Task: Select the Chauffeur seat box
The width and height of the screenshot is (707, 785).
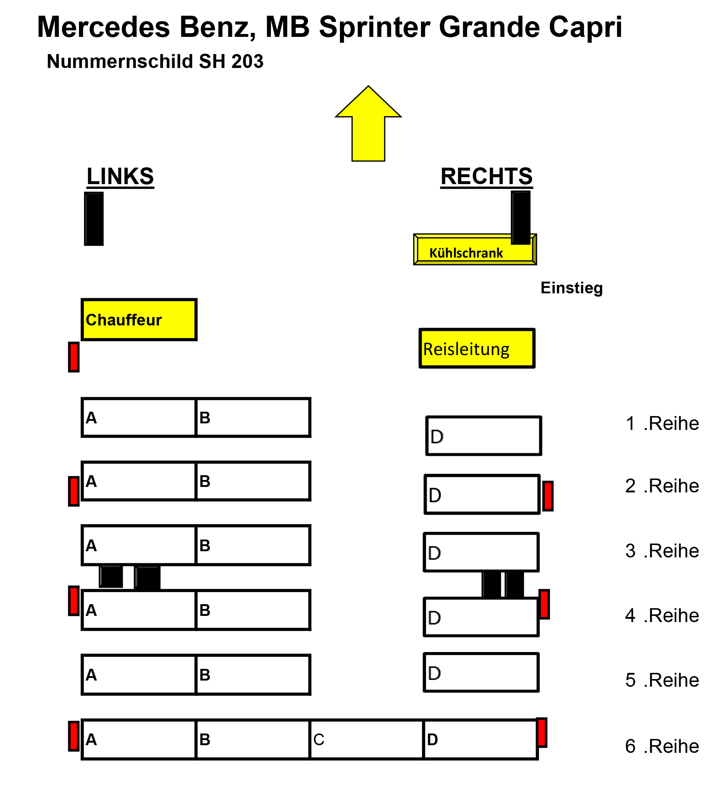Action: pyautogui.click(x=139, y=320)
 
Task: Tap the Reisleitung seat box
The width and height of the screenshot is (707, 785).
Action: pyautogui.click(x=477, y=348)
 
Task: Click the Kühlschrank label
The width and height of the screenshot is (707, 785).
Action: pyautogui.click(x=466, y=253)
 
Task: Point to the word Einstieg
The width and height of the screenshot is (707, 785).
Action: pyautogui.click(x=571, y=288)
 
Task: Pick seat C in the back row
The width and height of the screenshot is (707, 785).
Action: pyautogui.click(x=366, y=739)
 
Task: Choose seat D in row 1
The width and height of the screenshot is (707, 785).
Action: pyautogui.click(x=483, y=435)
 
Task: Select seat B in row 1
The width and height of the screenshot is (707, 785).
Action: pyautogui.click(x=253, y=418)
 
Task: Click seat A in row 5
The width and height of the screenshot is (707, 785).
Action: pyautogui.click(x=139, y=675)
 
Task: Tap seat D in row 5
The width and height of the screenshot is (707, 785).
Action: pyautogui.click(x=481, y=672)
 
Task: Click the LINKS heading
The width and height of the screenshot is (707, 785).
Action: pyautogui.click(x=120, y=176)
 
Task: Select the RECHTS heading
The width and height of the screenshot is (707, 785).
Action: pyautogui.click(x=486, y=176)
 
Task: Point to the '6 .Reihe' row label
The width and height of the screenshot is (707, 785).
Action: pyautogui.click(x=662, y=746)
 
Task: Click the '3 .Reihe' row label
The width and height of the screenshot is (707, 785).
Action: pyautogui.click(x=662, y=550)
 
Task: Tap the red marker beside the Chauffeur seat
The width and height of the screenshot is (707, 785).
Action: pyautogui.click(x=74, y=357)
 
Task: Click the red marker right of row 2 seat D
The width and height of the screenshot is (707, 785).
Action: pyautogui.click(x=548, y=496)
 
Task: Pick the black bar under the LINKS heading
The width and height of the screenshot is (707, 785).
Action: pyautogui.click(x=94, y=219)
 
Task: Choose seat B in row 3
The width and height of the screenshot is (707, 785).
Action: pyautogui.click(x=253, y=545)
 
